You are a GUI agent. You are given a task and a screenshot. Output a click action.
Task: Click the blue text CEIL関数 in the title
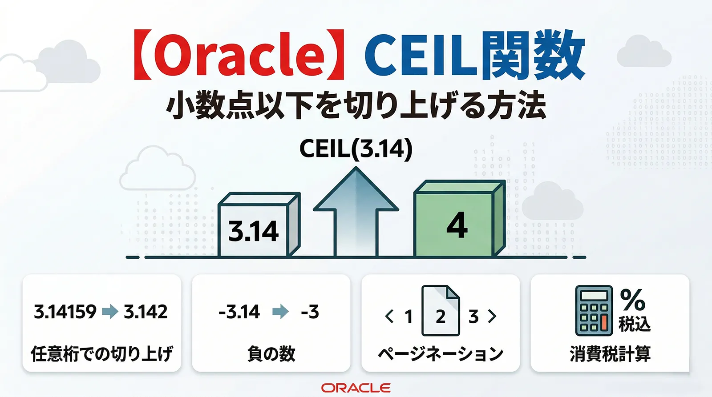click(474, 56)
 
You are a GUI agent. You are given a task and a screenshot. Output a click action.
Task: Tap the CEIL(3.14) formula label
click(356, 148)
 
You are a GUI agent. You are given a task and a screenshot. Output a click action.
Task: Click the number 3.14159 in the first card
click(65, 312)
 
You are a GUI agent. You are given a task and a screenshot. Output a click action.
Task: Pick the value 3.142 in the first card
click(146, 312)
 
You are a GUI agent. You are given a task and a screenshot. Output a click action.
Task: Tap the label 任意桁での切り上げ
click(101, 354)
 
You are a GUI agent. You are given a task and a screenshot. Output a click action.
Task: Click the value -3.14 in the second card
click(239, 312)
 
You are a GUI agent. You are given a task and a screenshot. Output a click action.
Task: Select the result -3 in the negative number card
click(310, 312)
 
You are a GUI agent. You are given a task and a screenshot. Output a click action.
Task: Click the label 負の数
click(271, 354)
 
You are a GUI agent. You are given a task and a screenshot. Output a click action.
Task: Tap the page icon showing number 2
click(441, 311)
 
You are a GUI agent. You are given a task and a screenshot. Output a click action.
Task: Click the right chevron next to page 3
click(492, 316)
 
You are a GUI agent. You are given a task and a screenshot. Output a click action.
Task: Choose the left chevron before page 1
click(389, 316)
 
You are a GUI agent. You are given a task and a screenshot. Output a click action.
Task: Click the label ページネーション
click(441, 354)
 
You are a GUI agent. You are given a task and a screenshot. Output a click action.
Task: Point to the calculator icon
click(593, 311)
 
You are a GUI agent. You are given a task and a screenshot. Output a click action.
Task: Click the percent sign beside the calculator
click(632, 300)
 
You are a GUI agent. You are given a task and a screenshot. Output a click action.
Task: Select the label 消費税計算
click(610, 354)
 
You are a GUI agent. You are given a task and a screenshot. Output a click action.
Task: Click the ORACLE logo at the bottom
click(356, 388)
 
